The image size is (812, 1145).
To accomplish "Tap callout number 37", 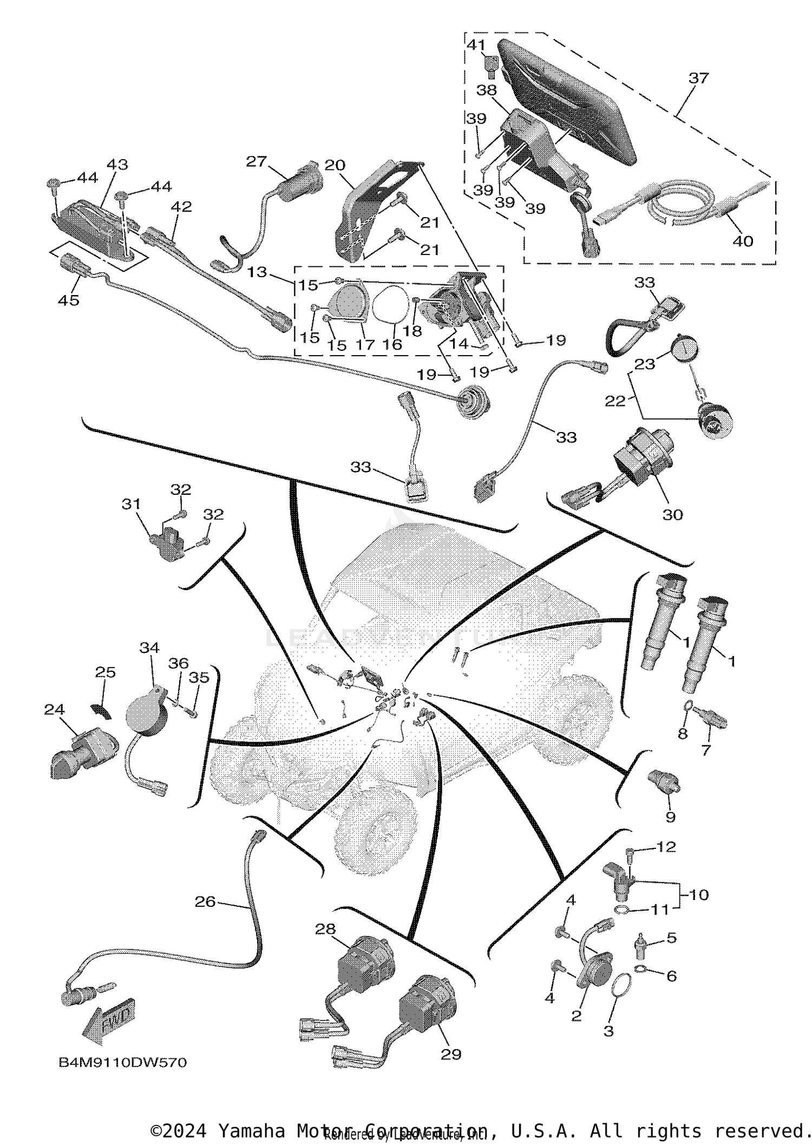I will pos(698,78).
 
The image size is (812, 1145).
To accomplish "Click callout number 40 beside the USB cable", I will pos(742,241).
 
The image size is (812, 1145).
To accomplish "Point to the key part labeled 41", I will pos(492,67).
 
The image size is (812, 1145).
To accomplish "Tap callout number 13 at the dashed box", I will pos(258,272).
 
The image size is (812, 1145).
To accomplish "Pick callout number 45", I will pos(69,299).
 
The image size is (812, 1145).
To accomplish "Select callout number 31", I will pos(131,504).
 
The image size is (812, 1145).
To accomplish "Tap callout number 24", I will pos(55,709).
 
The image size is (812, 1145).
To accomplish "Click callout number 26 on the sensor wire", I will pos(205,901).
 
